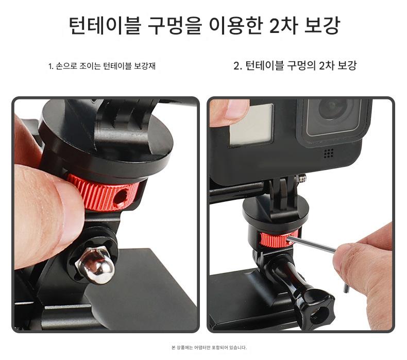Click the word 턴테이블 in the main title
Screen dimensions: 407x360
[105, 25]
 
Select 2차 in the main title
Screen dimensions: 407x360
[283, 25]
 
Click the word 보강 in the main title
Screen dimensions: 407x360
[322, 25]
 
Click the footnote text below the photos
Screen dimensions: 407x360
[209, 348]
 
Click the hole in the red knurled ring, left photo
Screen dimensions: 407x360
[121, 197]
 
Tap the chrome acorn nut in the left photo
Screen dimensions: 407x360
[95, 265]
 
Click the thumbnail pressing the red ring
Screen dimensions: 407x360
[70, 205]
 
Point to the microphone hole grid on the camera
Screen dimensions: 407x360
[329, 153]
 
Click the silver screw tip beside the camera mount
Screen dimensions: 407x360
[302, 178]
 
